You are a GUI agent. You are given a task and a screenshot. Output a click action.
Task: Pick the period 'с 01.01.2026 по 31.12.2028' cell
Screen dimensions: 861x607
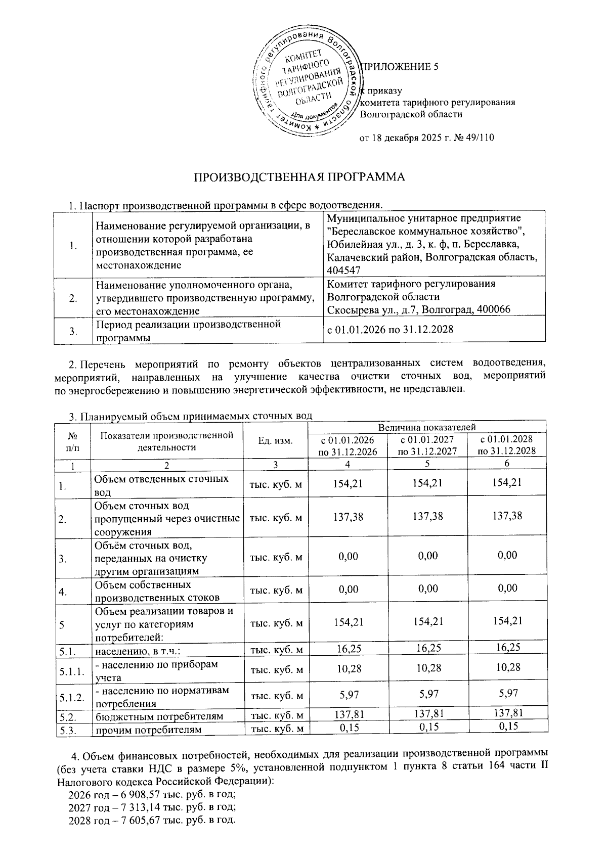(390, 330)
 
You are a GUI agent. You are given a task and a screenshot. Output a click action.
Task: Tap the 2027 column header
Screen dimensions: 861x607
(427, 445)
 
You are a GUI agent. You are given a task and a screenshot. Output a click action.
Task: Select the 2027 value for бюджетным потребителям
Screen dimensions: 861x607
(427, 713)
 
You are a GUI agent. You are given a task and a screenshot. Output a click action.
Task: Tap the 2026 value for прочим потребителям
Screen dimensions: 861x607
(349, 727)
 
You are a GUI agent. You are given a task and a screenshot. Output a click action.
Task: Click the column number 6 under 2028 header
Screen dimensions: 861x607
(506, 463)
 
